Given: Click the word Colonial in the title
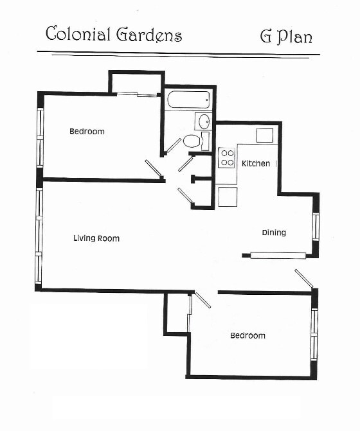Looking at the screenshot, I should click(76, 35).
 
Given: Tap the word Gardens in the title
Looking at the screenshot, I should click(148, 35).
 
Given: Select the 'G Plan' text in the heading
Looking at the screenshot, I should click(285, 37).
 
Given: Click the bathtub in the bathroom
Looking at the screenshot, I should click(188, 100).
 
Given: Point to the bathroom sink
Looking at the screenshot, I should click(203, 121).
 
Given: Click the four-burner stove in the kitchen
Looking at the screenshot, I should click(226, 157).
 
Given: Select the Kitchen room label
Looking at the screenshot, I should click(256, 164).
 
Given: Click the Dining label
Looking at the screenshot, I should click(273, 233).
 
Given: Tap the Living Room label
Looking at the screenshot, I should click(96, 238).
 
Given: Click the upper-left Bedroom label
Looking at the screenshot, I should click(87, 132).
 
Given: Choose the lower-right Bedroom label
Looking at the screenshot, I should click(248, 335).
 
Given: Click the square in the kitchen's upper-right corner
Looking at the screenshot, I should click(265, 136).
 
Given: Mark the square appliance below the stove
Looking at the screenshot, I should click(228, 197).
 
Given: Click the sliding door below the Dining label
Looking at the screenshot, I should click(278, 256).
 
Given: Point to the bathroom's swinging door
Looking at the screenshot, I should click(174, 145).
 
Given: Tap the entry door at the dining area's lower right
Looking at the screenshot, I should click(304, 279).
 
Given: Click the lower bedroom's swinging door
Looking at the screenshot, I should click(203, 300).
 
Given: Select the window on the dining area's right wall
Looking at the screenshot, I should click(315, 226).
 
